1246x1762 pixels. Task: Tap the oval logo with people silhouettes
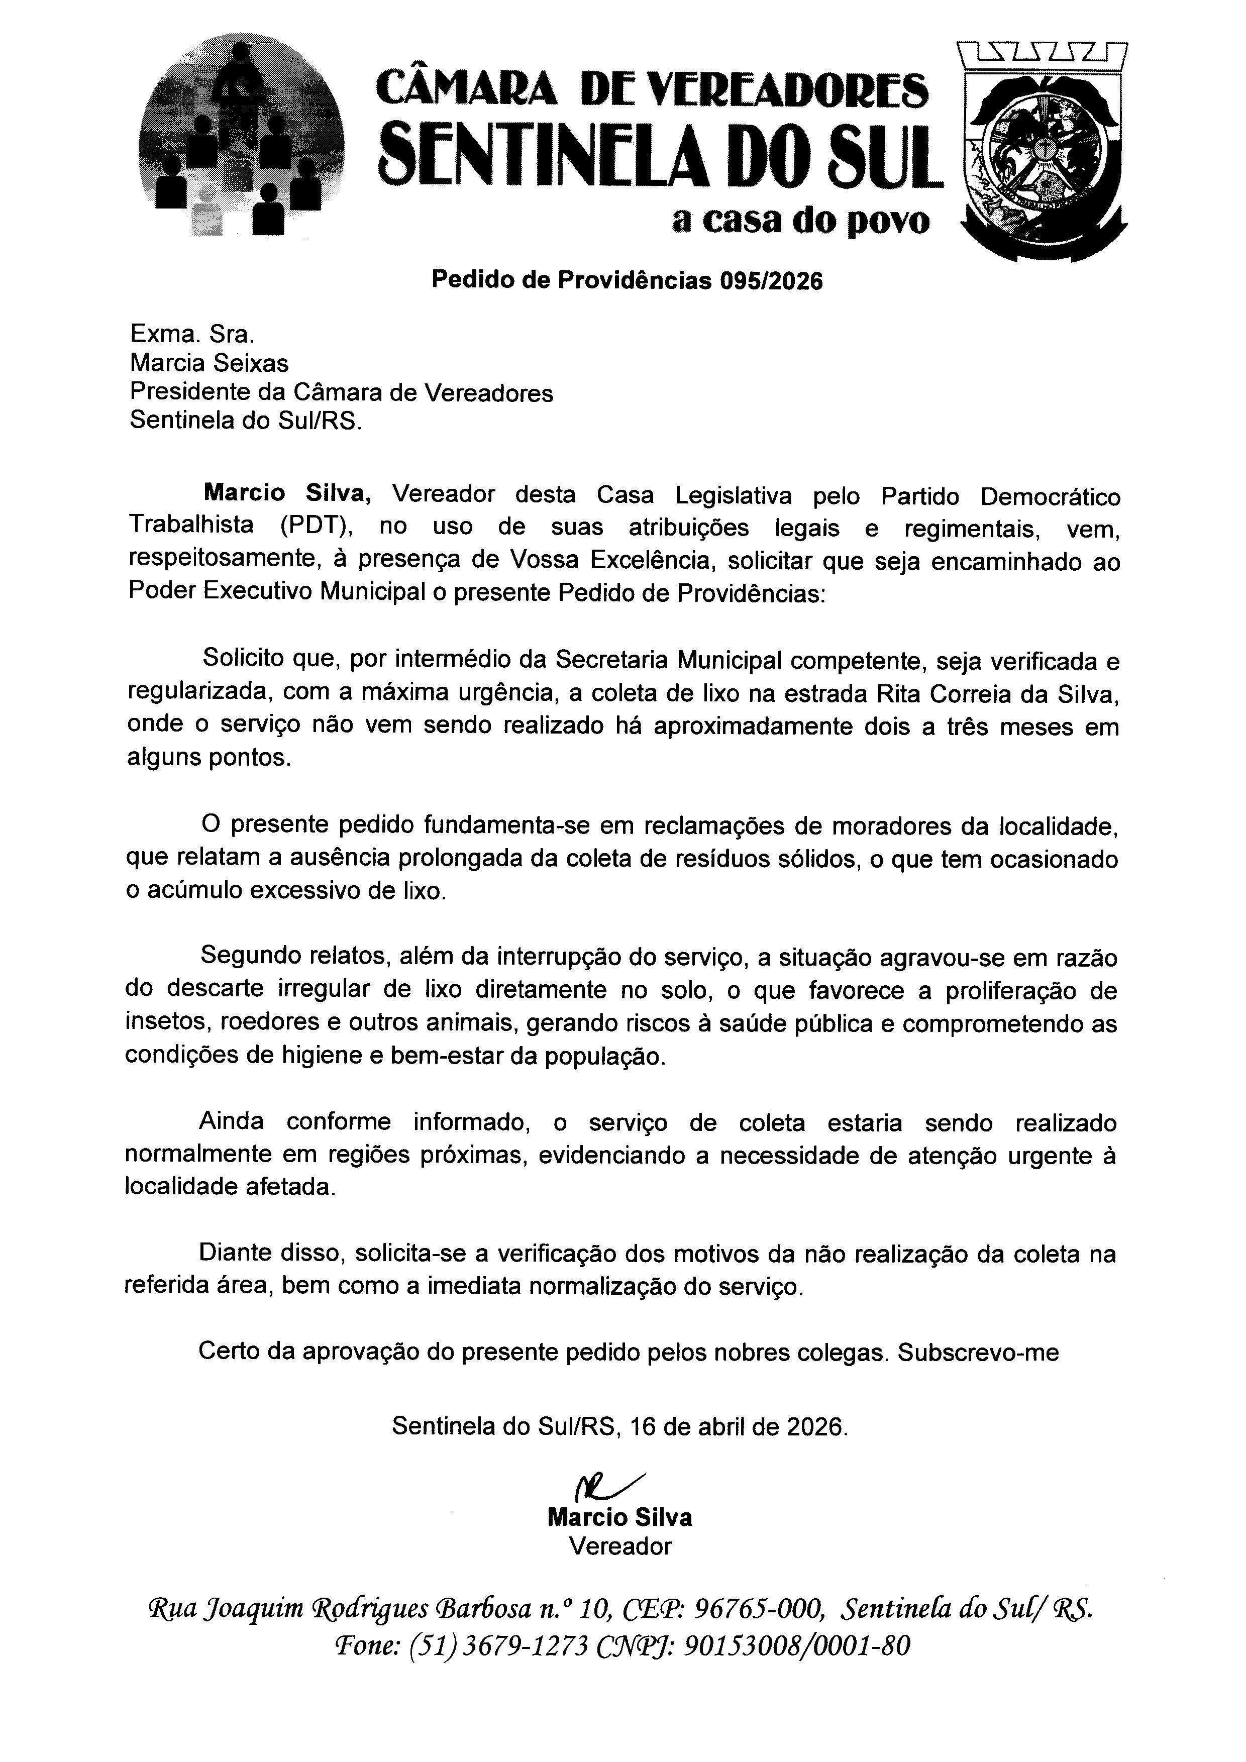(x=242, y=138)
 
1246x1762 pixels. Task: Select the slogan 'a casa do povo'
(x=800, y=221)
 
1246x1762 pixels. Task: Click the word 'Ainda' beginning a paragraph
(x=232, y=1121)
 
